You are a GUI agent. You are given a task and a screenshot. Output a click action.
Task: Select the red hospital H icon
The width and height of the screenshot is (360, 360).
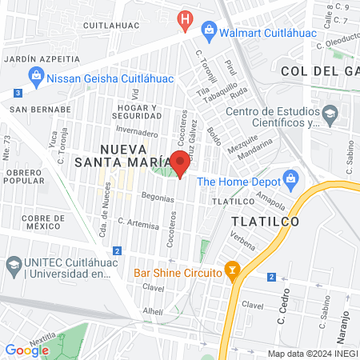[x=186, y=18]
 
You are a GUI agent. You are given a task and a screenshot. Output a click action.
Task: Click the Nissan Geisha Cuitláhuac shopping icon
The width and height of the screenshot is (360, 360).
[x=34, y=78]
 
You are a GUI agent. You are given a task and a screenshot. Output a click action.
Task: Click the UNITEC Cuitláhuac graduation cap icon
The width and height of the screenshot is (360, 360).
[x=14, y=264]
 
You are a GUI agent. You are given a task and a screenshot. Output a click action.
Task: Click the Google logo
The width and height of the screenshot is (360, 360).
[x=26, y=350]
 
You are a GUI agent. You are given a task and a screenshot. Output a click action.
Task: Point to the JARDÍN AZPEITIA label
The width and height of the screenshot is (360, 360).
[x=42, y=59]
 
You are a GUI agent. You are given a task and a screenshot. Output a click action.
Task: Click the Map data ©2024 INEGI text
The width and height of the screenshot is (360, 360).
[x=312, y=354]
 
